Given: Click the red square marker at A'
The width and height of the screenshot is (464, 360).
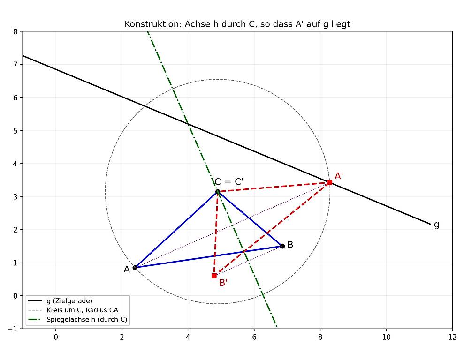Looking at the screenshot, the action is coord(329,182).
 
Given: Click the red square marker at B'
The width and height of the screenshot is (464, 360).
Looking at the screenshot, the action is coord(214,276).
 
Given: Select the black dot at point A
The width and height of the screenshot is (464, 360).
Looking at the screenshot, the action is coord(135,268).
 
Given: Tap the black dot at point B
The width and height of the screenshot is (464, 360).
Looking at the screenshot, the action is coord(282,246).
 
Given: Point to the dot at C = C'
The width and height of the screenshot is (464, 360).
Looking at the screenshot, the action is coord(218,192).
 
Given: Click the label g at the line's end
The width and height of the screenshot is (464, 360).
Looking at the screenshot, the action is coord(436,225).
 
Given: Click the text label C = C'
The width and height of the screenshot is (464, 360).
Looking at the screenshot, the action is coord(229,181).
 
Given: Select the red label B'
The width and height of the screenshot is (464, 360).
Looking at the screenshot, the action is coord(223,283).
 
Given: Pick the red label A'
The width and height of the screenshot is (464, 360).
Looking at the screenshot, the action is coord(339,176).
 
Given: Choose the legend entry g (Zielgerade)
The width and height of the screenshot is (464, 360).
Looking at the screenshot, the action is coord(69,301).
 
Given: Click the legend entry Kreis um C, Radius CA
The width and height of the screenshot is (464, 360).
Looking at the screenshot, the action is coord(82,310).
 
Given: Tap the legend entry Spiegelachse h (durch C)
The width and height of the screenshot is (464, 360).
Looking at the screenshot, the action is coord(87,320).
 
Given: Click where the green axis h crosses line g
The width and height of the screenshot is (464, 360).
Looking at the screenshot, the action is coord(187,124).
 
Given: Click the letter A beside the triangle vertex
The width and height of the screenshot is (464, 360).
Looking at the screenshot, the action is coord(127,270).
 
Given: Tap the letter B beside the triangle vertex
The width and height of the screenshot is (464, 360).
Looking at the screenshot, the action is coord(290,245).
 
